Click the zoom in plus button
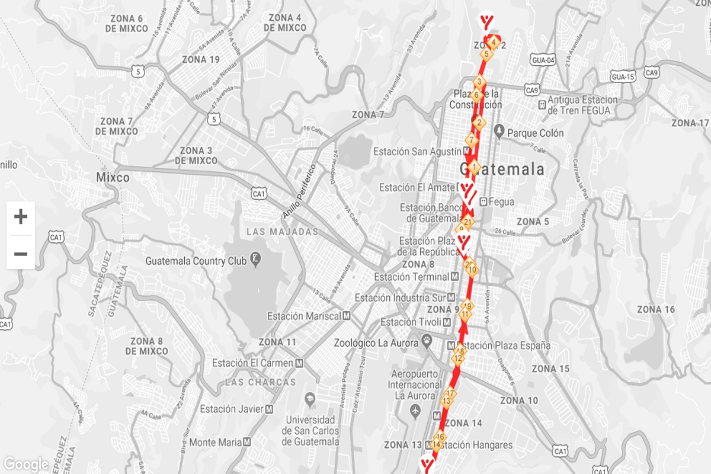21,217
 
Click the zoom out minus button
21,254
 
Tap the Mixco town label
113,177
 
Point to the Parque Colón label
535,133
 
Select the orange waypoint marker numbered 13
447,401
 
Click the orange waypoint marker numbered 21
468,223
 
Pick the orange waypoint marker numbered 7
472,141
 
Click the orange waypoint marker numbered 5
486,54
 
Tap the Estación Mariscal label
304,316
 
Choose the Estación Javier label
232,409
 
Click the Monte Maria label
215,442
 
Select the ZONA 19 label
201,59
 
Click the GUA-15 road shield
623,77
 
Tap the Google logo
25,464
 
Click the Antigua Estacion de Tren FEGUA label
583,105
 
